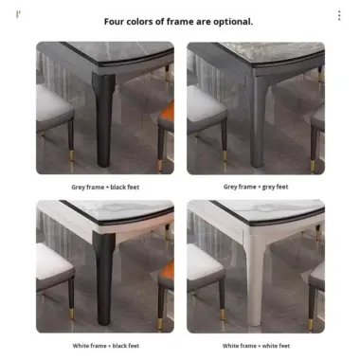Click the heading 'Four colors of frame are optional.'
(179, 21)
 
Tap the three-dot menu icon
(339, 16)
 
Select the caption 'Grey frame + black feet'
(105, 187)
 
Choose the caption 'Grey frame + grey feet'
(256, 187)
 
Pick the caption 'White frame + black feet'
(105, 346)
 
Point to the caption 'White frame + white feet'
(256, 346)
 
